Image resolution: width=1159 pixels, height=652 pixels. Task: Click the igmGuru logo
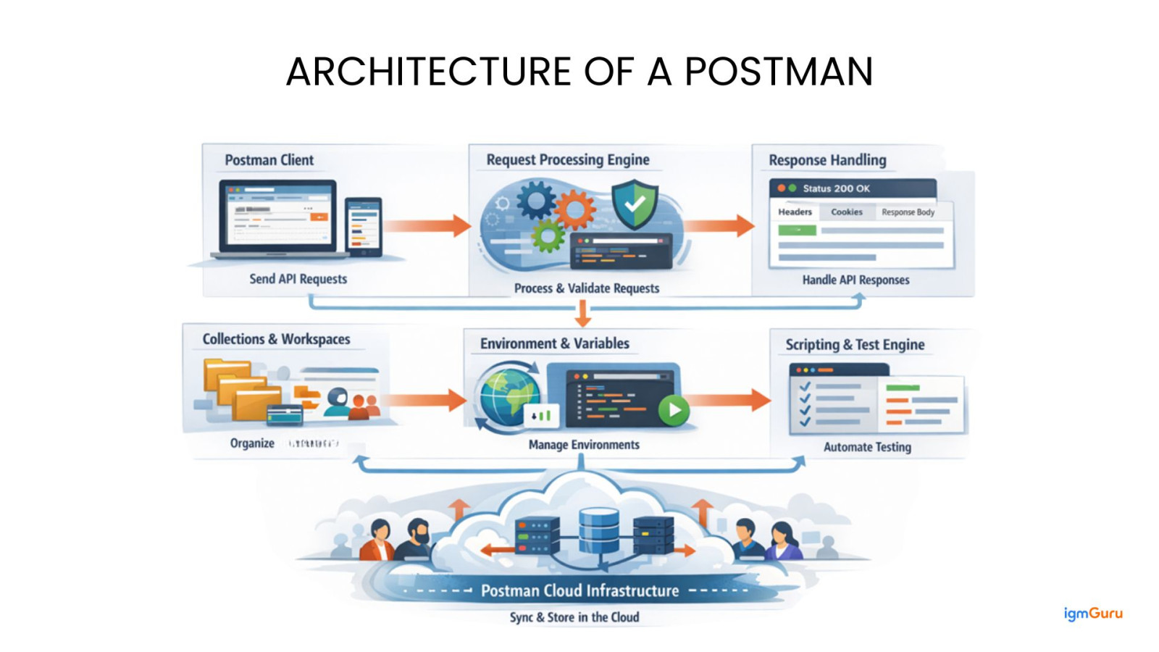click(x=1092, y=614)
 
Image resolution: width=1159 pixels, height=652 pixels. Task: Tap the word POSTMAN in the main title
click(x=779, y=72)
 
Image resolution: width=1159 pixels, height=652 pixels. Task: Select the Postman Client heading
click(x=269, y=160)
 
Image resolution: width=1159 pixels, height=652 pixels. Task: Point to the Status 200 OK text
click(x=836, y=188)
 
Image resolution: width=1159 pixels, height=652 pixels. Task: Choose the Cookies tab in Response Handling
click(x=846, y=212)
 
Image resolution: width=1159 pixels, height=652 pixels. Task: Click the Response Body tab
click(x=908, y=212)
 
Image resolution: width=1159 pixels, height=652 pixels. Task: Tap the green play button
click(x=674, y=410)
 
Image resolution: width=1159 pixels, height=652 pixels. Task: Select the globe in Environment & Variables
click(x=507, y=396)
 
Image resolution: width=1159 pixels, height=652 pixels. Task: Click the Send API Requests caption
click(x=298, y=279)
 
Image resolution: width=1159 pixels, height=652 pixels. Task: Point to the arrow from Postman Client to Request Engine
click(x=427, y=225)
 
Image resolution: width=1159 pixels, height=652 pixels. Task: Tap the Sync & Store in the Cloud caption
click(x=574, y=617)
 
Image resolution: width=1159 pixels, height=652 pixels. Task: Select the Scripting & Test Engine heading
click(x=855, y=345)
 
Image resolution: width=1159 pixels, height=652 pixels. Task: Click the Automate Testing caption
click(x=867, y=447)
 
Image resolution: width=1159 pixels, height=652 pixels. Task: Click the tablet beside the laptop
click(x=364, y=226)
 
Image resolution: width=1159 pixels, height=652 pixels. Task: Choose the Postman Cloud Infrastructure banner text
click(x=579, y=590)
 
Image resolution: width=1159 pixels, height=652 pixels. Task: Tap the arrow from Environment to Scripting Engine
click(x=728, y=400)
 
